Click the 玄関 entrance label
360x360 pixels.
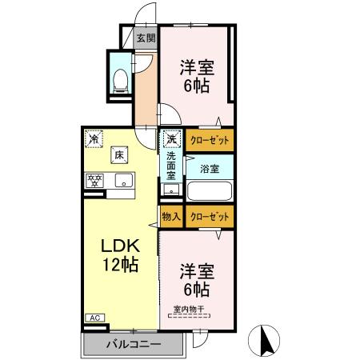[x=145, y=38]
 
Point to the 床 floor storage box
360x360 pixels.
[x=118, y=154]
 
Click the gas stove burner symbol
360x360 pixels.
[x=95, y=180]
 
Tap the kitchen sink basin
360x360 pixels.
[x=124, y=180]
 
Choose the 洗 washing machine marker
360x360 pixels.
[x=172, y=139]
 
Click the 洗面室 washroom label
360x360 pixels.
[x=171, y=166]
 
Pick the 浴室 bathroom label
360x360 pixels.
[x=210, y=169]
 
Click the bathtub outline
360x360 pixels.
[x=209, y=192]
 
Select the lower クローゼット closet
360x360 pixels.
[x=210, y=216]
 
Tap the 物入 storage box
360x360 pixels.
[x=171, y=216]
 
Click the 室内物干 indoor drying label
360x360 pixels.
[x=189, y=309]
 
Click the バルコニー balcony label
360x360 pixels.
[x=134, y=345]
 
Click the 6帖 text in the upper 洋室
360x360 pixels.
[x=196, y=85]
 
